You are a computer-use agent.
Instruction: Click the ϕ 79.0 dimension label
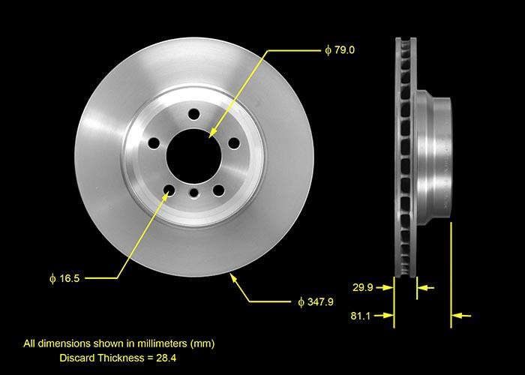tap(339, 50)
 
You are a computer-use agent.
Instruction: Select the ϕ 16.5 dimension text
tap(64, 277)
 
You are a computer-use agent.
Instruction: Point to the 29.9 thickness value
tap(362, 286)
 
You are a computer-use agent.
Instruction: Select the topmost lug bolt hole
tap(194, 114)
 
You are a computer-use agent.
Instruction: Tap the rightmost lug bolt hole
tap(233, 142)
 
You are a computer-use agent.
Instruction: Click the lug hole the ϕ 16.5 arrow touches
tap(169, 190)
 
